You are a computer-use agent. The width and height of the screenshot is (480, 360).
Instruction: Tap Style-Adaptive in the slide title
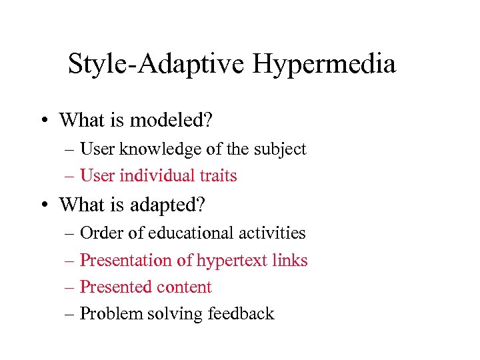pyautogui.click(x=157, y=65)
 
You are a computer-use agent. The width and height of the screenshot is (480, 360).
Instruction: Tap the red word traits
pyautogui.click(x=219, y=176)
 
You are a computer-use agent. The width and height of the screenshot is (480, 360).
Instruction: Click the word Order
pyautogui.click(x=97, y=233)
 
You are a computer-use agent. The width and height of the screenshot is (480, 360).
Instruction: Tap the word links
pyautogui.click(x=290, y=261)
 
